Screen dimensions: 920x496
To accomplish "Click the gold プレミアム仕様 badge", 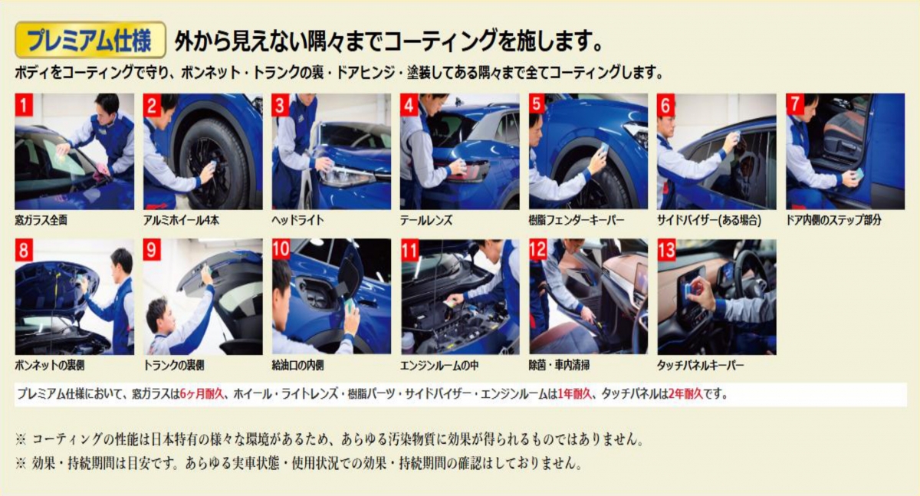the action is coord(90,40).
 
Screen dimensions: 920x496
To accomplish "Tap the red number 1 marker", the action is coord(24,105).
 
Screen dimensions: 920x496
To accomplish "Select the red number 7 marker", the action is coord(795,105).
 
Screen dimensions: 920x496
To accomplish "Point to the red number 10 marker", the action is coord(281,250).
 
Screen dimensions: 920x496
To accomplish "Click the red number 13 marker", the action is coord(666,250).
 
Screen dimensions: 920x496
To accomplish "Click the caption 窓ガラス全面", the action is coord(41,221).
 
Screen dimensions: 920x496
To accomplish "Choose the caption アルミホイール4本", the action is coord(181,221).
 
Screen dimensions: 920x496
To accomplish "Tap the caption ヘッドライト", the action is coord(297,221).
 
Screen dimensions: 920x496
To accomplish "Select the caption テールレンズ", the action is coord(426,221).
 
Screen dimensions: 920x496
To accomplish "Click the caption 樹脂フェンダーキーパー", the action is coord(577,221).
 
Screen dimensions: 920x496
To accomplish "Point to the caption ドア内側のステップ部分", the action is coord(834,221).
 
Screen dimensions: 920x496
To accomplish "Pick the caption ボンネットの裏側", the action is coord(50,366).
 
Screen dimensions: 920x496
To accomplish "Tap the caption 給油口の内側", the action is coord(297,366).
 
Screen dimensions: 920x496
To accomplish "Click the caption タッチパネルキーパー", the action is coord(701,366).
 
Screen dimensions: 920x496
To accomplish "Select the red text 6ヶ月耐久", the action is coord(202,394).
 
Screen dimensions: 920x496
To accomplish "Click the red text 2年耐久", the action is coord(685,394).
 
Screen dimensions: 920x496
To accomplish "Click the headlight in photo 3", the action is coord(347,176).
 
